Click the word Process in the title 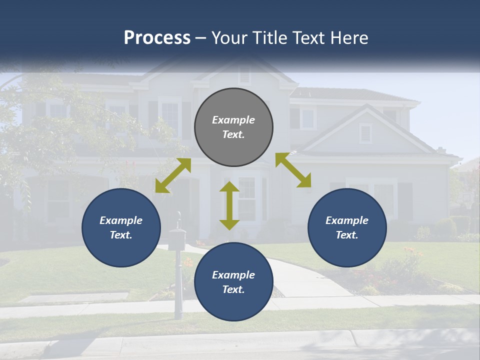pyautogui.click(x=157, y=38)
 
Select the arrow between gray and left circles pyautogui.click(x=173, y=175)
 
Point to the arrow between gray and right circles pyautogui.click(x=293, y=170)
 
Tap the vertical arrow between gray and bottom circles pyautogui.click(x=229, y=205)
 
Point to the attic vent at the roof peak pyautogui.click(x=244, y=75)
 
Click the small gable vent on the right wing pyautogui.click(x=365, y=133)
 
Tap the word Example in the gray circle pyautogui.click(x=233, y=120)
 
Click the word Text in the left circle pyautogui.click(x=121, y=235)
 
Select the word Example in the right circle pyautogui.click(x=347, y=220)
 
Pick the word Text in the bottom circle pyautogui.click(x=233, y=289)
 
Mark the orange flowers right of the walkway pyautogui.click(x=412, y=252)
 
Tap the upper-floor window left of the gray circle pyautogui.click(x=170, y=117)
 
